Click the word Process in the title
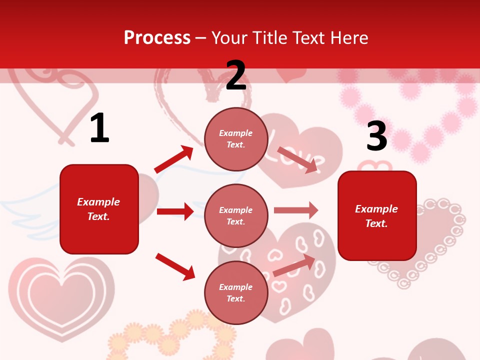click(x=157, y=37)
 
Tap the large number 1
click(x=99, y=128)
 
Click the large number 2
click(x=236, y=75)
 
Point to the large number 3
click(x=376, y=136)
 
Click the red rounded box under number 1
click(x=99, y=209)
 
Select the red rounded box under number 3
click(x=377, y=215)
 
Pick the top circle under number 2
click(x=236, y=139)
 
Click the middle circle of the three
click(x=236, y=215)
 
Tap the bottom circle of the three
click(x=236, y=292)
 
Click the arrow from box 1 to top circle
click(x=173, y=159)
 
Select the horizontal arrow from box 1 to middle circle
click(x=175, y=211)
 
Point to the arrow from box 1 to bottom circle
click(x=175, y=266)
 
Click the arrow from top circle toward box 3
click(x=297, y=159)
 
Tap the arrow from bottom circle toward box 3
click(x=294, y=265)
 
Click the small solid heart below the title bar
click(x=291, y=75)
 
